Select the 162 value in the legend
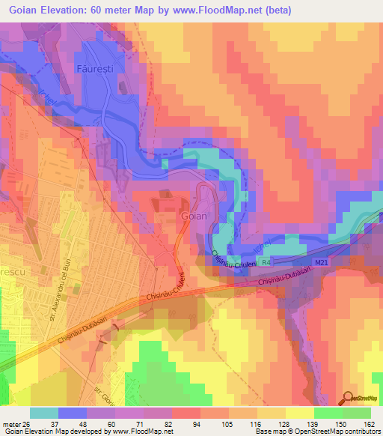click(x=368, y=423)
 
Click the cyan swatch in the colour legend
click(x=44, y=412)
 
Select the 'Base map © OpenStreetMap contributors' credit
click(x=317, y=432)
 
